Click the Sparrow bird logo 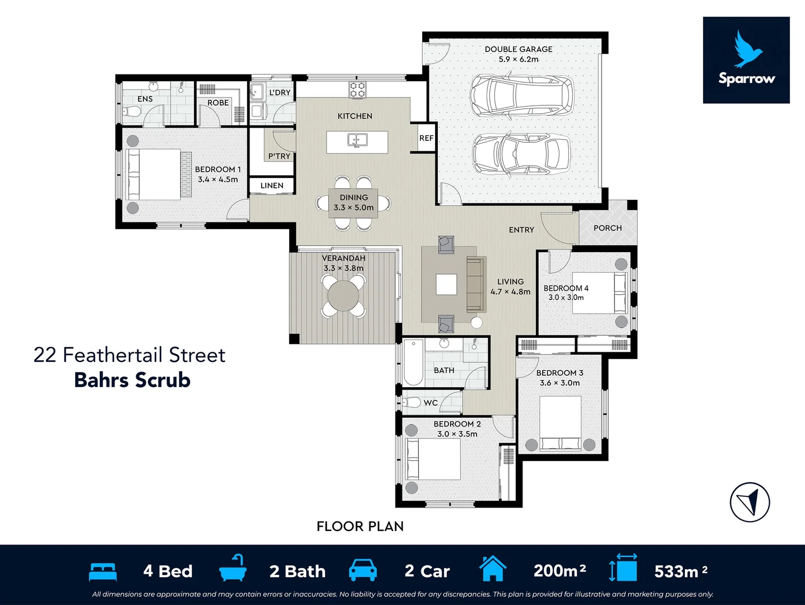[748, 49]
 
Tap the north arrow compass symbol [750, 502]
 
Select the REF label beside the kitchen [427, 138]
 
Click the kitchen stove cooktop [357, 90]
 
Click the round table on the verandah [343, 296]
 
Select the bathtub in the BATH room [414, 362]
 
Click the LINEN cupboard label [272, 186]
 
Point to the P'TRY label [279, 156]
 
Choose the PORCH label [608, 228]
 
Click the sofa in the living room [476, 285]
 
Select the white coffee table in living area [446, 285]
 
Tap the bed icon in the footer [103, 571]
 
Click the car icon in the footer [363, 570]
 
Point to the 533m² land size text [681, 571]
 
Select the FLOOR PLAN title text [360, 527]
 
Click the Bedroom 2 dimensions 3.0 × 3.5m [457, 434]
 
